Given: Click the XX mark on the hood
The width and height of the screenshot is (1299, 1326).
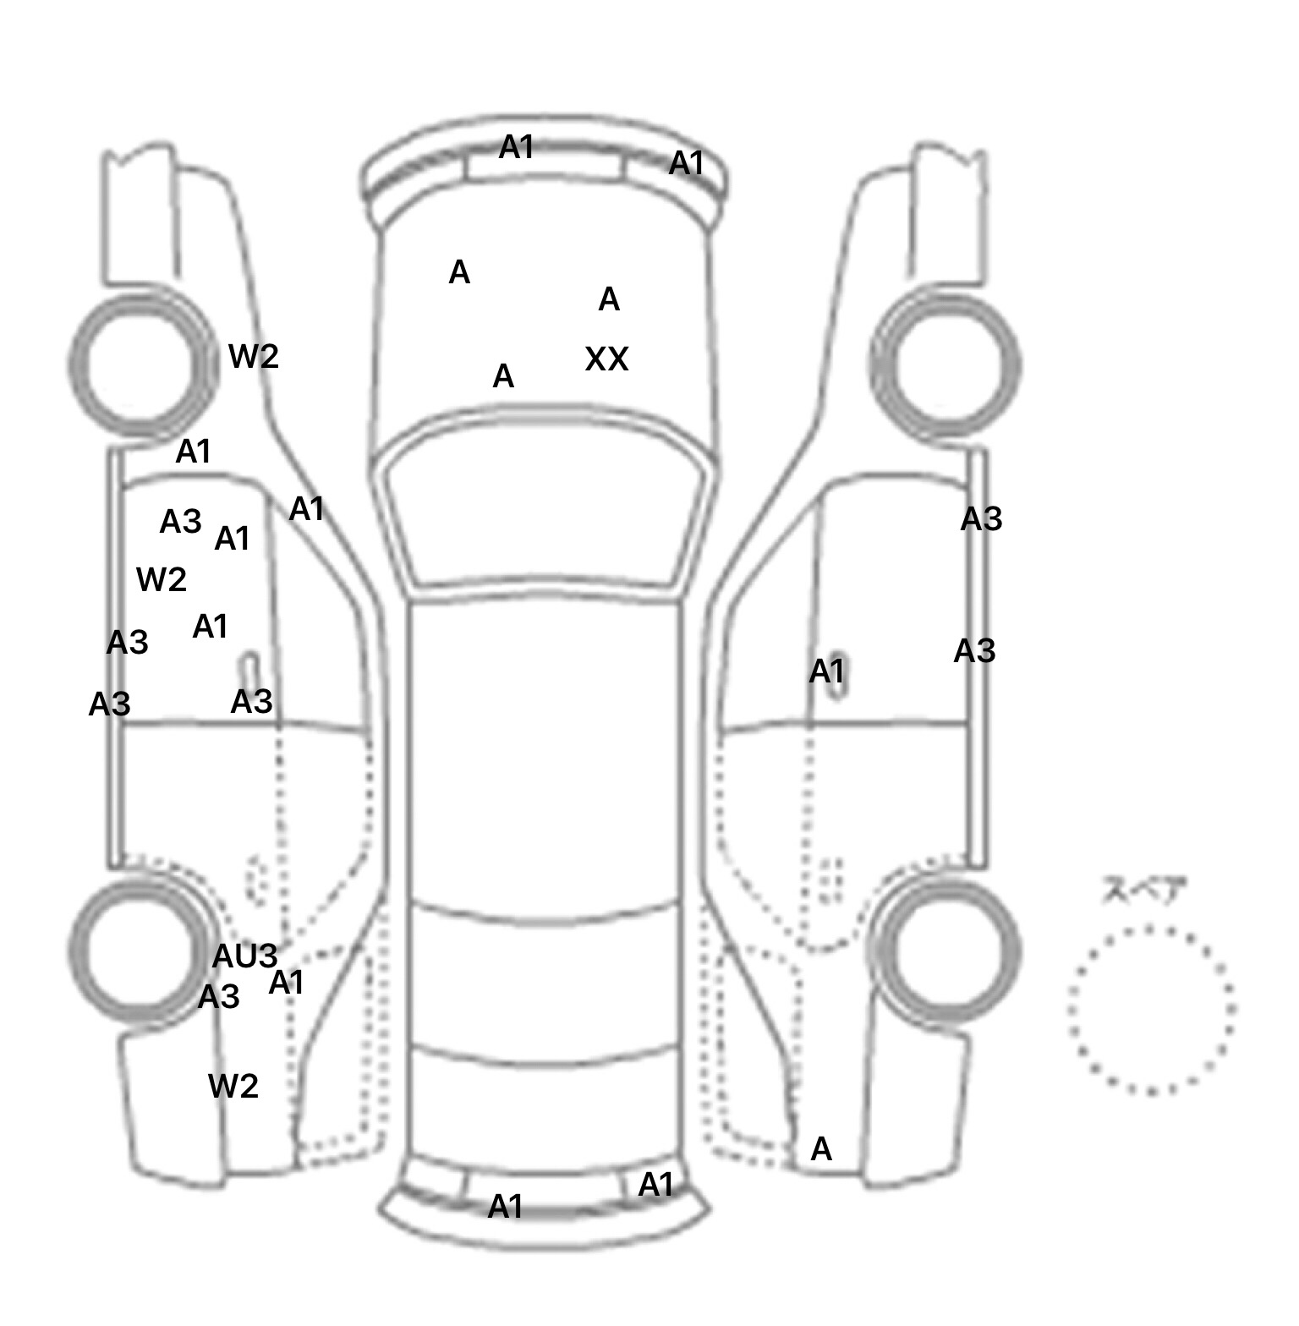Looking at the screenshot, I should click(x=606, y=360).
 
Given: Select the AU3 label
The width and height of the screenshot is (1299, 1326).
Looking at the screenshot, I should click(x=244, y=956).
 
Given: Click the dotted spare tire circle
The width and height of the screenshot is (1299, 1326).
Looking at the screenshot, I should click(x=1151, y=1010).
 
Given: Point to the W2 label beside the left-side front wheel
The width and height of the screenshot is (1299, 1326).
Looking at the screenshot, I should click(x=254, y=357).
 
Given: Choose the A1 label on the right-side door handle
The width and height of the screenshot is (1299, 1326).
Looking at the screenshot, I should click(x=826, y=672).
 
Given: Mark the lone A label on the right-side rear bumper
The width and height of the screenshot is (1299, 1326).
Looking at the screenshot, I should click(x=821, y=1149).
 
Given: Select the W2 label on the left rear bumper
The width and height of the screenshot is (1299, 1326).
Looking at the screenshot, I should click(x=233, y=1086).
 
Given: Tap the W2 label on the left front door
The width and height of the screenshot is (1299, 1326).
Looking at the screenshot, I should click(x=161, y=580).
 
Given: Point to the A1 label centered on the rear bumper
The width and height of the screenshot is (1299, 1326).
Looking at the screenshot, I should click(x=506, y=1207).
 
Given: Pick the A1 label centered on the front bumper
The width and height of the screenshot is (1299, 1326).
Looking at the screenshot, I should click(x=516, y=148).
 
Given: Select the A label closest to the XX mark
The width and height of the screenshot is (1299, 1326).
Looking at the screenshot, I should click(x=609, y=299).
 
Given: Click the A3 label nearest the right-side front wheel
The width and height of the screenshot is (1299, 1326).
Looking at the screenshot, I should click(x=981, y=519).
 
